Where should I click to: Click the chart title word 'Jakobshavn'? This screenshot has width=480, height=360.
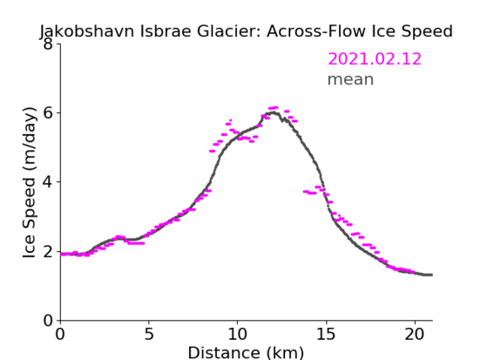coord(87,31)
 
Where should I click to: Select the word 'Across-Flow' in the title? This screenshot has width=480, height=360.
coord(316,31)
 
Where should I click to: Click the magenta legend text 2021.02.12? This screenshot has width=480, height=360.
coord(375,59)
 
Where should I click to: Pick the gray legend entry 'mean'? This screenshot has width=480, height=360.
coord(351,79)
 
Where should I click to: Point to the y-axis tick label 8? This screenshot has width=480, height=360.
coord(48,44)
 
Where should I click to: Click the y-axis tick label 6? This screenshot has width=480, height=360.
coord(48,113)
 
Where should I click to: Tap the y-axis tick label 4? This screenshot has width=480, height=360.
coord(48,182)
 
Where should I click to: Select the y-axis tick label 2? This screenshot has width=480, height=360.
coord(48,251)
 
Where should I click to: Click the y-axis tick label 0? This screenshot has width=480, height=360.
coord(48,320)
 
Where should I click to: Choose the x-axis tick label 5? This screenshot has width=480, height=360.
coord(148,334)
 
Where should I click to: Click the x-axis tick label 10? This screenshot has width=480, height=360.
coord(238,334)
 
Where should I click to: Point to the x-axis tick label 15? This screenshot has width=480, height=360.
coord(326,334)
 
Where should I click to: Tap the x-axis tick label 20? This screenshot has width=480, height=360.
coord(415,334)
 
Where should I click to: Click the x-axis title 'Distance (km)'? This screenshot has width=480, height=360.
coord(245,352)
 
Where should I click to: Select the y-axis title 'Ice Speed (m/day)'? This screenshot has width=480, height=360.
coord(30,182)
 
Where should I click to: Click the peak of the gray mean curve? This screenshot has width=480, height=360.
coord(274,113)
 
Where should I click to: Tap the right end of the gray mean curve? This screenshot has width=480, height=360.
coord(432,275)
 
